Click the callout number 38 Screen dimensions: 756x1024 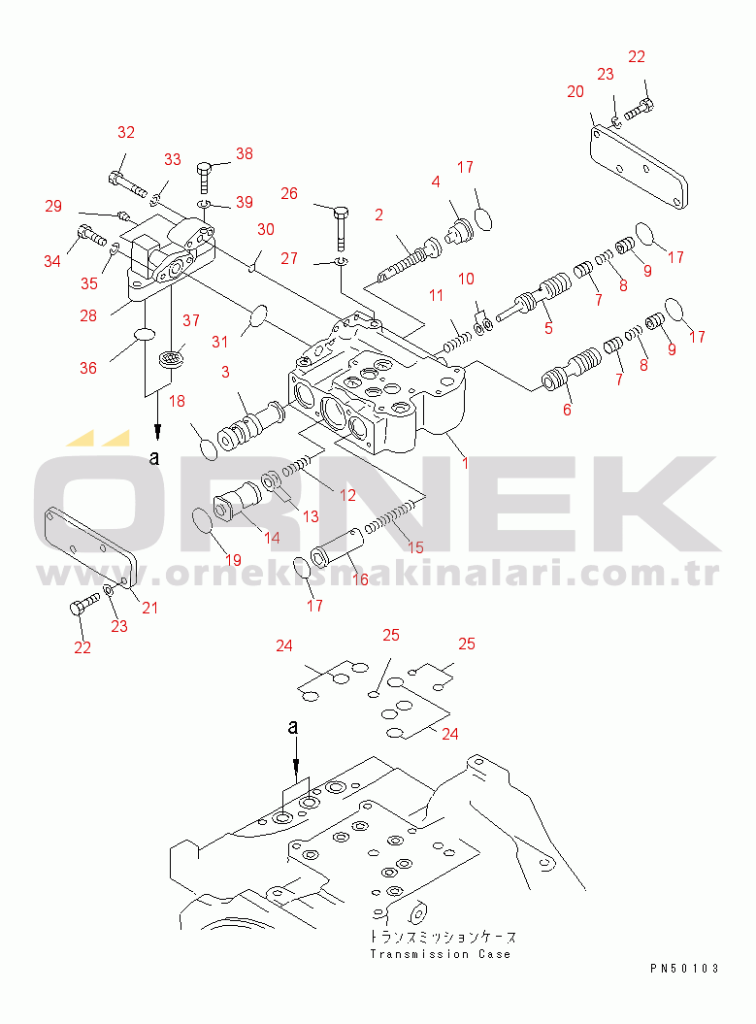coord(245,153)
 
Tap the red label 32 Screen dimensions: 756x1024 coord(126,133)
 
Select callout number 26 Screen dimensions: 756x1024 coord(289,193)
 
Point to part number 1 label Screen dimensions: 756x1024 coord(465,463)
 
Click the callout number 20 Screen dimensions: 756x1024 coord(575,92)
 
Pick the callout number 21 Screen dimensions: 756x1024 coord(150,608)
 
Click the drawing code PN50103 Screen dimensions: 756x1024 coord(684,969)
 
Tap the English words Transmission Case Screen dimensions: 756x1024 coord(440,954)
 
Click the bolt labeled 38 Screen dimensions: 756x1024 coord(204,176)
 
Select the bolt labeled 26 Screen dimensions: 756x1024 coord(341,228)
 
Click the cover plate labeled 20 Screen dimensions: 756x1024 coord(639,168)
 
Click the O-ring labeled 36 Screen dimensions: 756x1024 coord(145,335)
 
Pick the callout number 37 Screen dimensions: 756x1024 coord(191,320)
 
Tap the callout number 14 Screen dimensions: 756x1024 coord(273,538)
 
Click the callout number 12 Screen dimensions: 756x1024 coord(348,496)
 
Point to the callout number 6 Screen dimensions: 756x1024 coord(568,411)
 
